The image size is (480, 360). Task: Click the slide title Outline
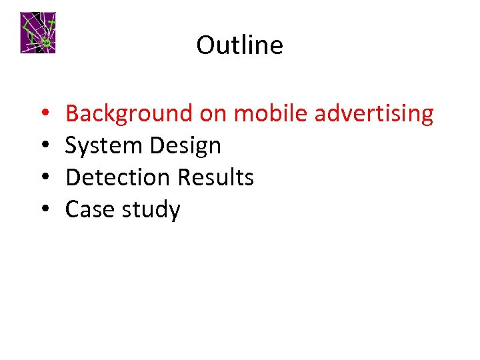click(239, 45)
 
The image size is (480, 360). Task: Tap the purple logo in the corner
click(37, 32)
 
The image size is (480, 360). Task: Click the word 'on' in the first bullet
click(213, 115)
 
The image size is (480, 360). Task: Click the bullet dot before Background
click(42, 115)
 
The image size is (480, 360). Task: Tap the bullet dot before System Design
click(42, 147)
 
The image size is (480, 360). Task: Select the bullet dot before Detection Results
click(42, 179)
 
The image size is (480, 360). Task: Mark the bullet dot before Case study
click(42, 211)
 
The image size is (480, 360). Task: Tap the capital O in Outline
click(205, 45)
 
